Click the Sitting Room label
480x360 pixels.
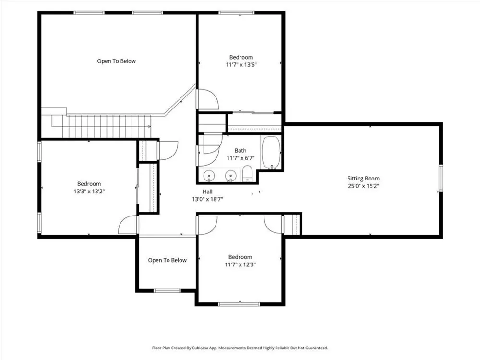click(x=363, y=179)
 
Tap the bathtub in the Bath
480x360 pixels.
click(x=271, y=152)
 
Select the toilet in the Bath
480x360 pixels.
click(x=247, y=174)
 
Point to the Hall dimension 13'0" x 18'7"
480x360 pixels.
click(x=207, y=199)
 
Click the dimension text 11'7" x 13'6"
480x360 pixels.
click(x=241, y=65)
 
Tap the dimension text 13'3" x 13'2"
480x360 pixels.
click(x=89, y=192)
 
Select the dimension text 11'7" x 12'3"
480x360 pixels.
click(x=240, y=264)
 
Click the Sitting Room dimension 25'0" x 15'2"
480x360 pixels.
click(x=363, y=186)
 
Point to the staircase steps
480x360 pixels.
click(x=107, y=126)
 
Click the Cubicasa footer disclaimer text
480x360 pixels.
click(x=240, y=348)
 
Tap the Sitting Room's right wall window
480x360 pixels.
click(x=441, y=178)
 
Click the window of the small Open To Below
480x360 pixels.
click(x=167, y=290)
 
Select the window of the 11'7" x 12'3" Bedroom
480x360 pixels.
click(x=239, y=304)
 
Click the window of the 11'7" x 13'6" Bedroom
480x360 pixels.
click(x=236, y=12)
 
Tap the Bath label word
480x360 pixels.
click(x=240, y=151)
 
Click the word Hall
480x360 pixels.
click(x=207, y=192)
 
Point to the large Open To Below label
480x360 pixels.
click(x=116, y=61)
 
